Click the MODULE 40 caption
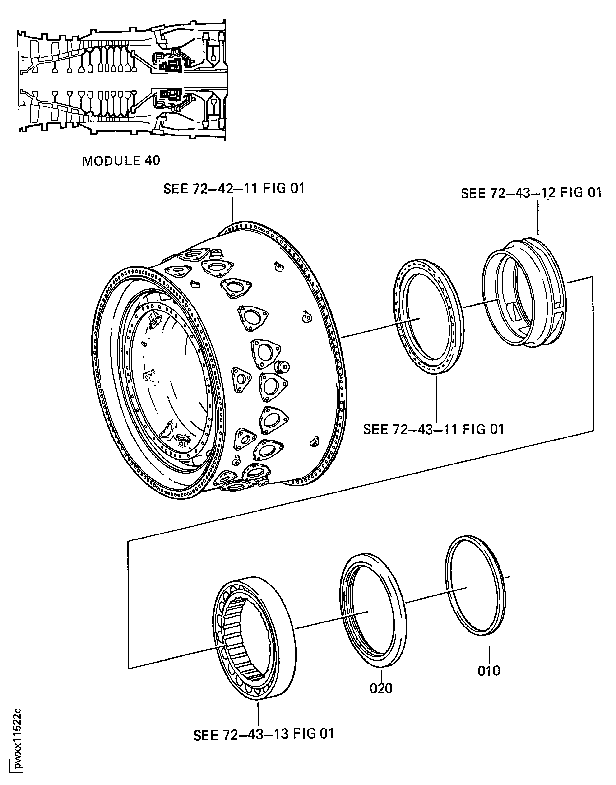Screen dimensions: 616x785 click(121, 161)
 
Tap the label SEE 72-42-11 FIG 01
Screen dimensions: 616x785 click(234, 188)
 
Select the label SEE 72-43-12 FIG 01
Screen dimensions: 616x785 click(531, 193)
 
